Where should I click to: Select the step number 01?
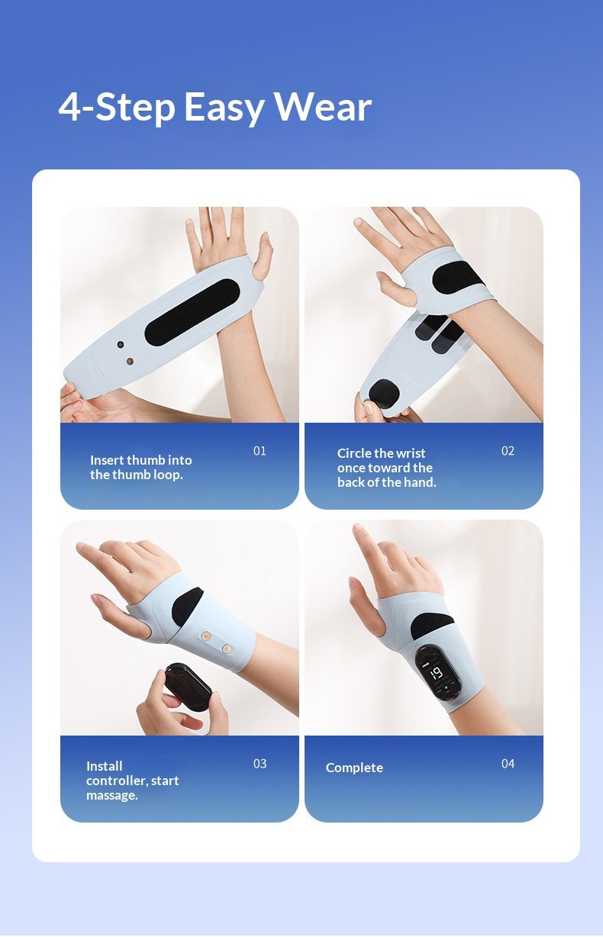click(260, 451)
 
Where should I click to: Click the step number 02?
click(508, 451)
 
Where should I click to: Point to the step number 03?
click(260, 764)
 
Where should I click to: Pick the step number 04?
click(508, 764)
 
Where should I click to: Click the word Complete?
click(354, 768)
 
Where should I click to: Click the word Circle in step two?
click(354, 453)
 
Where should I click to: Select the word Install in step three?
click(105, 766)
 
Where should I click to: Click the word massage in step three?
click(111, 796)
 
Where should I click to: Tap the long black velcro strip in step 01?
click(192, 312)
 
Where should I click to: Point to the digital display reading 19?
click(436, 673)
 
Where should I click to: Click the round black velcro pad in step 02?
click(384, 395)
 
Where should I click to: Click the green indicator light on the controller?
click(446, 687)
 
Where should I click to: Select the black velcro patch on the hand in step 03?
click(187, 607)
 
